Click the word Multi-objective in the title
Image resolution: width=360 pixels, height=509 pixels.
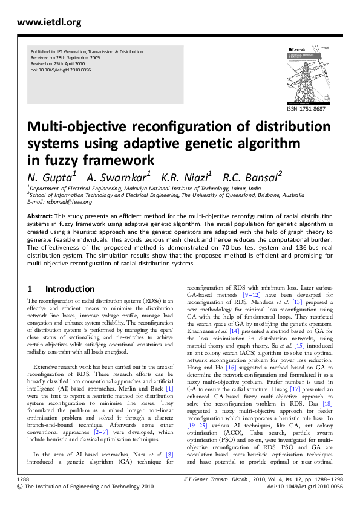coord(76,129)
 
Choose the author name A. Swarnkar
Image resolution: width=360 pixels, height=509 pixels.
coord(115,178)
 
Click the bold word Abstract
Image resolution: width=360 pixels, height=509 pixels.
coord(40,216)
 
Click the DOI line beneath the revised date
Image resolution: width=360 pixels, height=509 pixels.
coord(61,70)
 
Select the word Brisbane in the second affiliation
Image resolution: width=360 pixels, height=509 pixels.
coord(268,195)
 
